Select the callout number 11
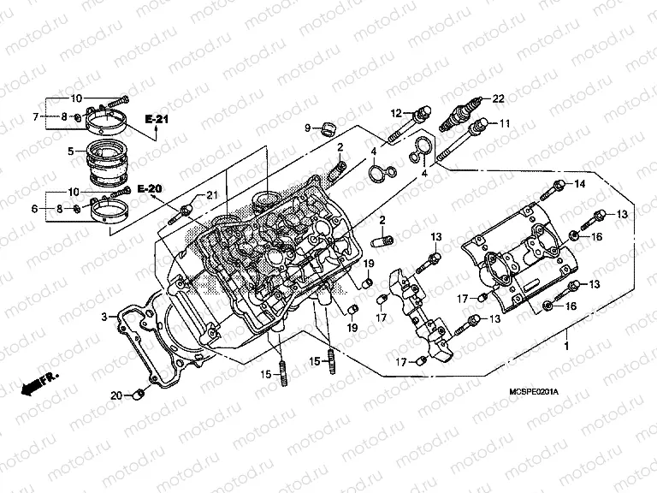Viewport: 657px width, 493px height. point(504,123)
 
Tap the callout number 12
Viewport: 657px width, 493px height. point(396,113)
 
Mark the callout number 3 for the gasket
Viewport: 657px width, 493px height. point(104,318)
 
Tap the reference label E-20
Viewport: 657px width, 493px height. point(148,188)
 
